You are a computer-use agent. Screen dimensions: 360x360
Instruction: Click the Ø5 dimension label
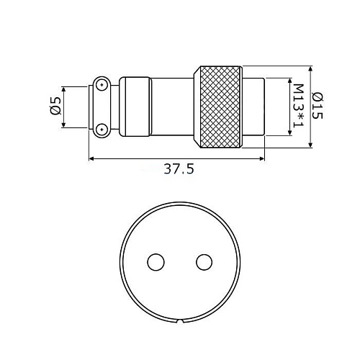click(x=55, y=106)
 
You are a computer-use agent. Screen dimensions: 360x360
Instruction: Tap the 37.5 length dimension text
click(x=179, y=169)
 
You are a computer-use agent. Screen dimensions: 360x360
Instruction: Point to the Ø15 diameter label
click(x=318, y=106)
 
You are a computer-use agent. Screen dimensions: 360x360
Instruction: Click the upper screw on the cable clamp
click(x=102, y=85)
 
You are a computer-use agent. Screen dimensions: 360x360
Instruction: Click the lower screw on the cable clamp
click(x=102, y=130)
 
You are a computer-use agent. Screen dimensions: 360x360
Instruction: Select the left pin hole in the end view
click(x=156, y=262)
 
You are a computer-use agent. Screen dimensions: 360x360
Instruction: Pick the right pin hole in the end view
click(x=204, y=262)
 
